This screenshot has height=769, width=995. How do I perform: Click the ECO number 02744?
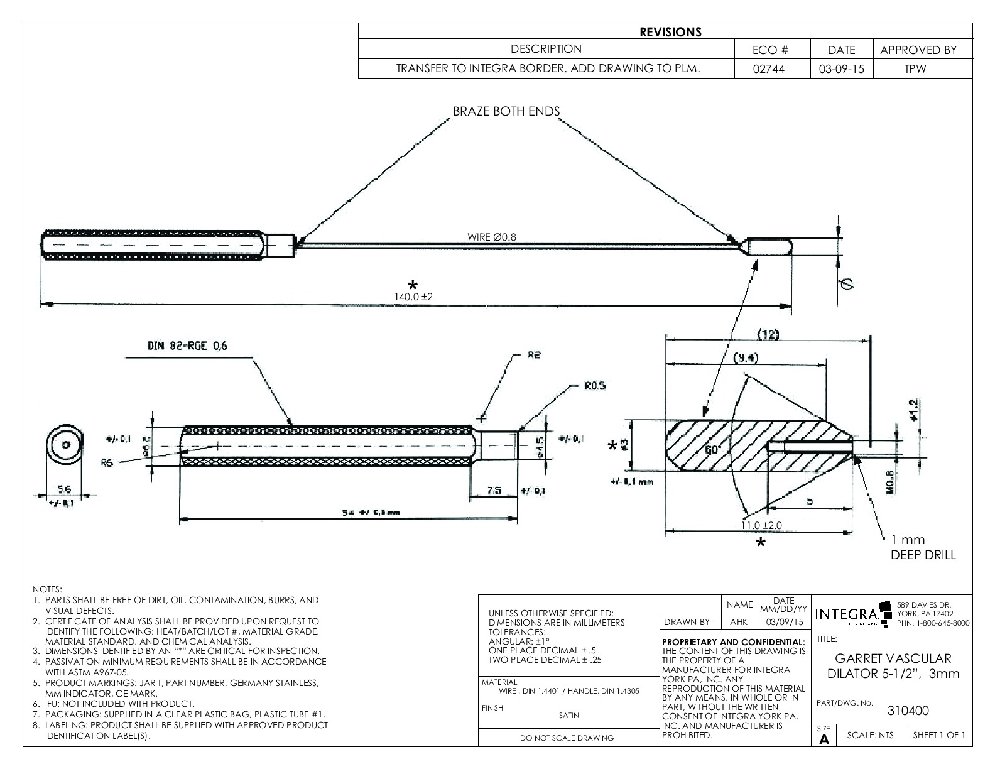[771, 69]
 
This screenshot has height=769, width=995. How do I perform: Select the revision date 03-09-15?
[841, 69]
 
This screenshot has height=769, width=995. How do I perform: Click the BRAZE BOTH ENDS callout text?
[506, 111]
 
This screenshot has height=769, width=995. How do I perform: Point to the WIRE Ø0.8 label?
[492, 237]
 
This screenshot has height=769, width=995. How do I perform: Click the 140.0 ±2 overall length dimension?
[413, 297]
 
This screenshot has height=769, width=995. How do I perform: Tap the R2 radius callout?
[534, 355]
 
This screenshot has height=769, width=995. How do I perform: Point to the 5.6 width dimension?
[65, 488]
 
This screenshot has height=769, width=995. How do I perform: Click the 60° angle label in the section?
[711, 450]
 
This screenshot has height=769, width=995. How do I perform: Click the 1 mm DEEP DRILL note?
[923, 547]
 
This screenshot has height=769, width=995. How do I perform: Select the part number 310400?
[908, 711]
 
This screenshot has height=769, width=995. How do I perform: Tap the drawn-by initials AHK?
[739, 622]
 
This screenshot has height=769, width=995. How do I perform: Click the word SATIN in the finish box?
[568, 715]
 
